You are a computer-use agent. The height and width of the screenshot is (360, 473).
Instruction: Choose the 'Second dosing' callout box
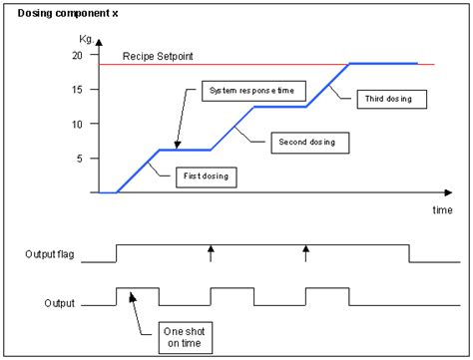(x=309, y=143)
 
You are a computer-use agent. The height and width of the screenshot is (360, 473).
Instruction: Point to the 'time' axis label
(x=442, y=210)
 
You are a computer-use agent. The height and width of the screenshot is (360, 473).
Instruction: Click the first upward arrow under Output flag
(x=211, y=251)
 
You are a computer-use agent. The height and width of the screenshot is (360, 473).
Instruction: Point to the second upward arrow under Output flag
(x=306, y=251)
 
